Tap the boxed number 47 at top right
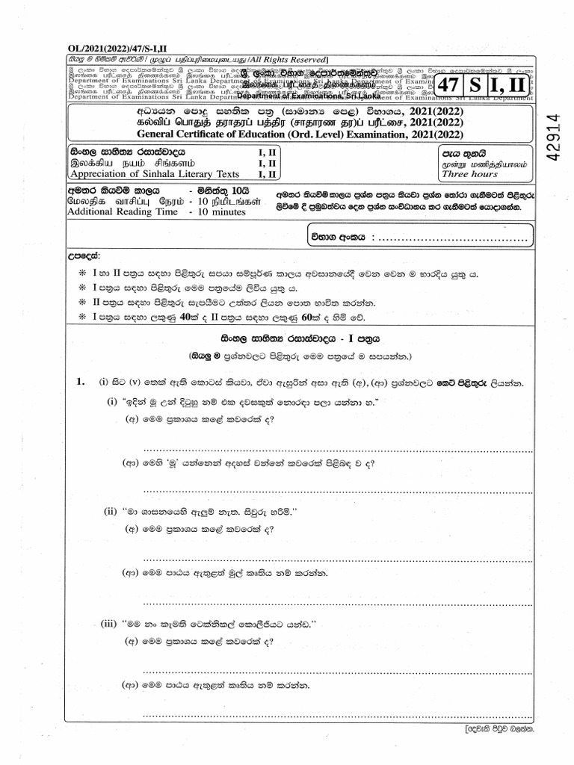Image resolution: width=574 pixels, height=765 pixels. [x=446, y=85]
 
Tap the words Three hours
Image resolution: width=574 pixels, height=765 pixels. [x=469, y=174]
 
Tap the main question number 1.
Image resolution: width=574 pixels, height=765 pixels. [x=81, y=382]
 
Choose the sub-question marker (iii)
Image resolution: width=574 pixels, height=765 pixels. [x=112, y=622]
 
